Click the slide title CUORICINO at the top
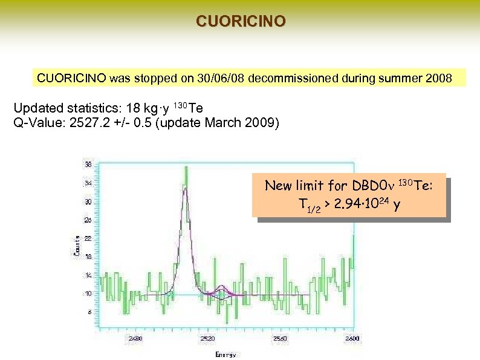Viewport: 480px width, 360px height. coord(240,21)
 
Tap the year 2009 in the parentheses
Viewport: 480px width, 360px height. coord(261,123)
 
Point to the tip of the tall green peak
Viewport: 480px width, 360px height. coord(187,166)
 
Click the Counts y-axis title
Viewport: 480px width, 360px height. coord(77,245)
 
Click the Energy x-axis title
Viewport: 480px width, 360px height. coord(226,355)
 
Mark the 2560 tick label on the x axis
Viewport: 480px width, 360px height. coord(280,338)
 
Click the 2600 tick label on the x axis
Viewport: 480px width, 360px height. coord(352,338)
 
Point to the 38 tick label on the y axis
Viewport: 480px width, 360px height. coord(88,164)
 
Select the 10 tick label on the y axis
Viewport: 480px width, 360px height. coord(88,293)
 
